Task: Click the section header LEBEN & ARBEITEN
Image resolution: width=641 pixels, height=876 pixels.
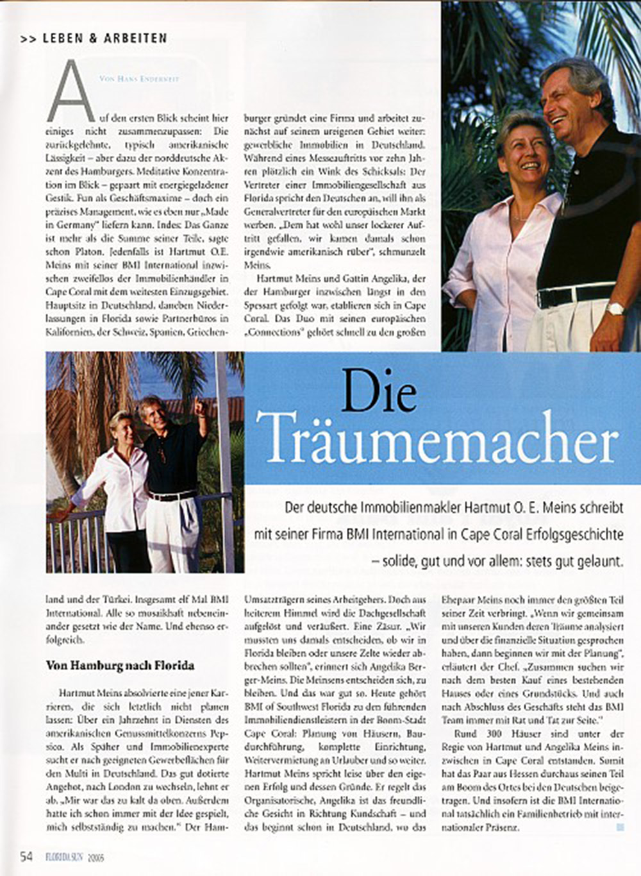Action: [x=104, y=38]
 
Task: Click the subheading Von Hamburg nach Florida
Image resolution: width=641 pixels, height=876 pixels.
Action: [x=121, y=666]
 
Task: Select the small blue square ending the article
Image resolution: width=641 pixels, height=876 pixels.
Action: [x=620, y=828]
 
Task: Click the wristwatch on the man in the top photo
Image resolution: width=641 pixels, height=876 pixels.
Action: [x=615, y=309]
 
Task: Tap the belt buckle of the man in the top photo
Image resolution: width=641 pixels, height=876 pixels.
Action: [x=545, y=298]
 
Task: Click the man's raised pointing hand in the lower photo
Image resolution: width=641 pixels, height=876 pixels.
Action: [x=201, y=406]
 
